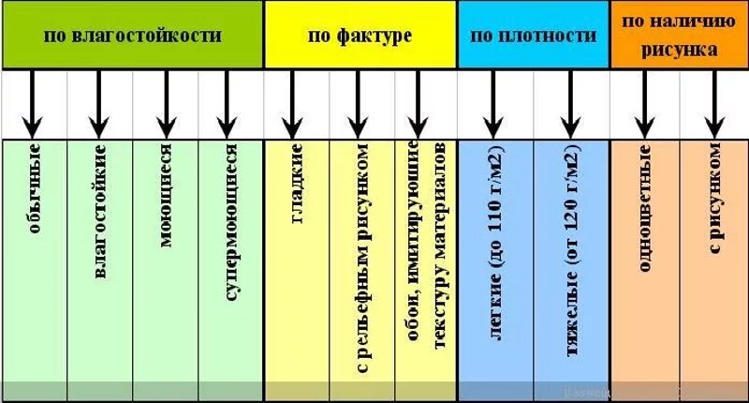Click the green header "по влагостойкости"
132,37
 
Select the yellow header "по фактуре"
360,37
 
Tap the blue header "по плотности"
533,37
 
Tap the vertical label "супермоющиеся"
231,221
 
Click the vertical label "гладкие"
297,183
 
